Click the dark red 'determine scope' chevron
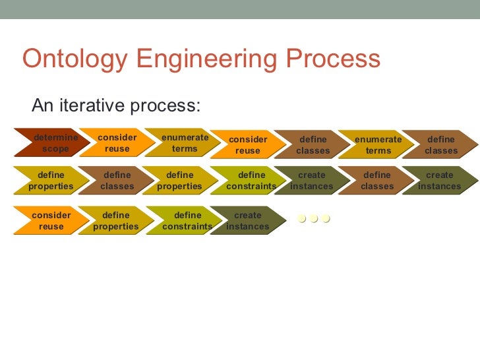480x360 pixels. coord(55,143)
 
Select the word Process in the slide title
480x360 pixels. coord(334,59)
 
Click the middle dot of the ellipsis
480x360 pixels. coord(314,219)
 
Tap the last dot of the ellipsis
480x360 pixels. coord(325,219)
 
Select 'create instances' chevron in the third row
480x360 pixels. coord(247,221)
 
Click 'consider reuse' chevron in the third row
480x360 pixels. coord(51,221)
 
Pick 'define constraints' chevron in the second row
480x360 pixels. coord(251,181)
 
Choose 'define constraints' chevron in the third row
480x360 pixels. coord(187,221)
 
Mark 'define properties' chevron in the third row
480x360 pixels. coord(116,221)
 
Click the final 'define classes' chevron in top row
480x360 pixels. coord(440,145)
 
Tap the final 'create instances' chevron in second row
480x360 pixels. coord(439,181)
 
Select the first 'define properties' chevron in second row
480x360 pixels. coord(51,181)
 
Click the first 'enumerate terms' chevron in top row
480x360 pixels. coord(184,143)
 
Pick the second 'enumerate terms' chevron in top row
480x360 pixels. coord(378,145)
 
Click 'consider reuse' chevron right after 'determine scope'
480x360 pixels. coord(117,143)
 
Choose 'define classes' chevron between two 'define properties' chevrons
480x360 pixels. coord(117,181)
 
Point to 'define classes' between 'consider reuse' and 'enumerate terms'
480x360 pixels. coord(313,145)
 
